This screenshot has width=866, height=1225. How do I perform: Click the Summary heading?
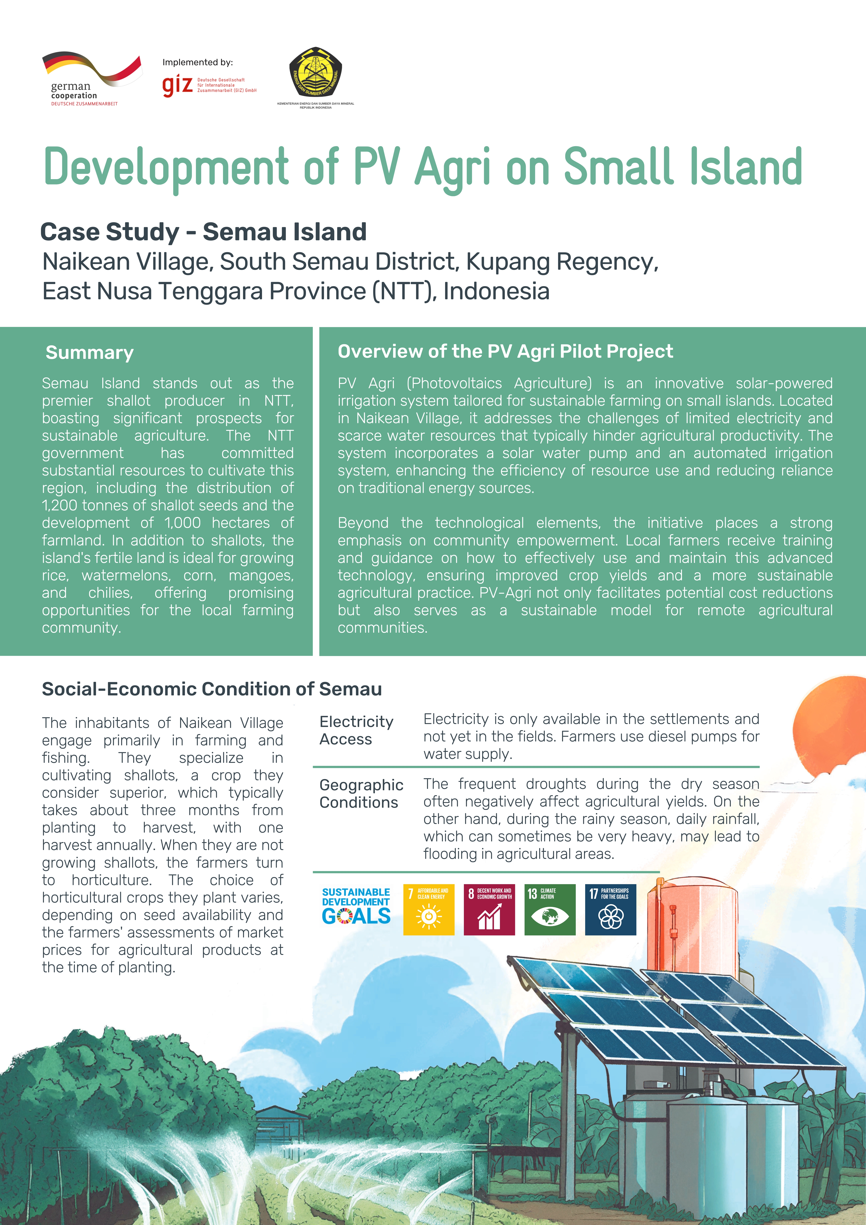pyautogui.click(x=90, y=353)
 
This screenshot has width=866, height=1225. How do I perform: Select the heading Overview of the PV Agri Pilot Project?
pyautogui.click(x=505, y=352)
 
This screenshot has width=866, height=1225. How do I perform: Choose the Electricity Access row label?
pyautogui.click(x=356, y=730)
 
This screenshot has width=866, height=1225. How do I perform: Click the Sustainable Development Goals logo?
pyautogui.click(x=356, y=906)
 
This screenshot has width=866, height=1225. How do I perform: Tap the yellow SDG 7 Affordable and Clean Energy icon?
pyautogui.click(x=428, y=910)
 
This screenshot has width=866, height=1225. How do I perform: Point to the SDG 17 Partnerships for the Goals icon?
pyautogui.click(x=610, y=910)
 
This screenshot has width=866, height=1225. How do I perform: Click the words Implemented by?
pyautogui.click(x=197, y=62)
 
